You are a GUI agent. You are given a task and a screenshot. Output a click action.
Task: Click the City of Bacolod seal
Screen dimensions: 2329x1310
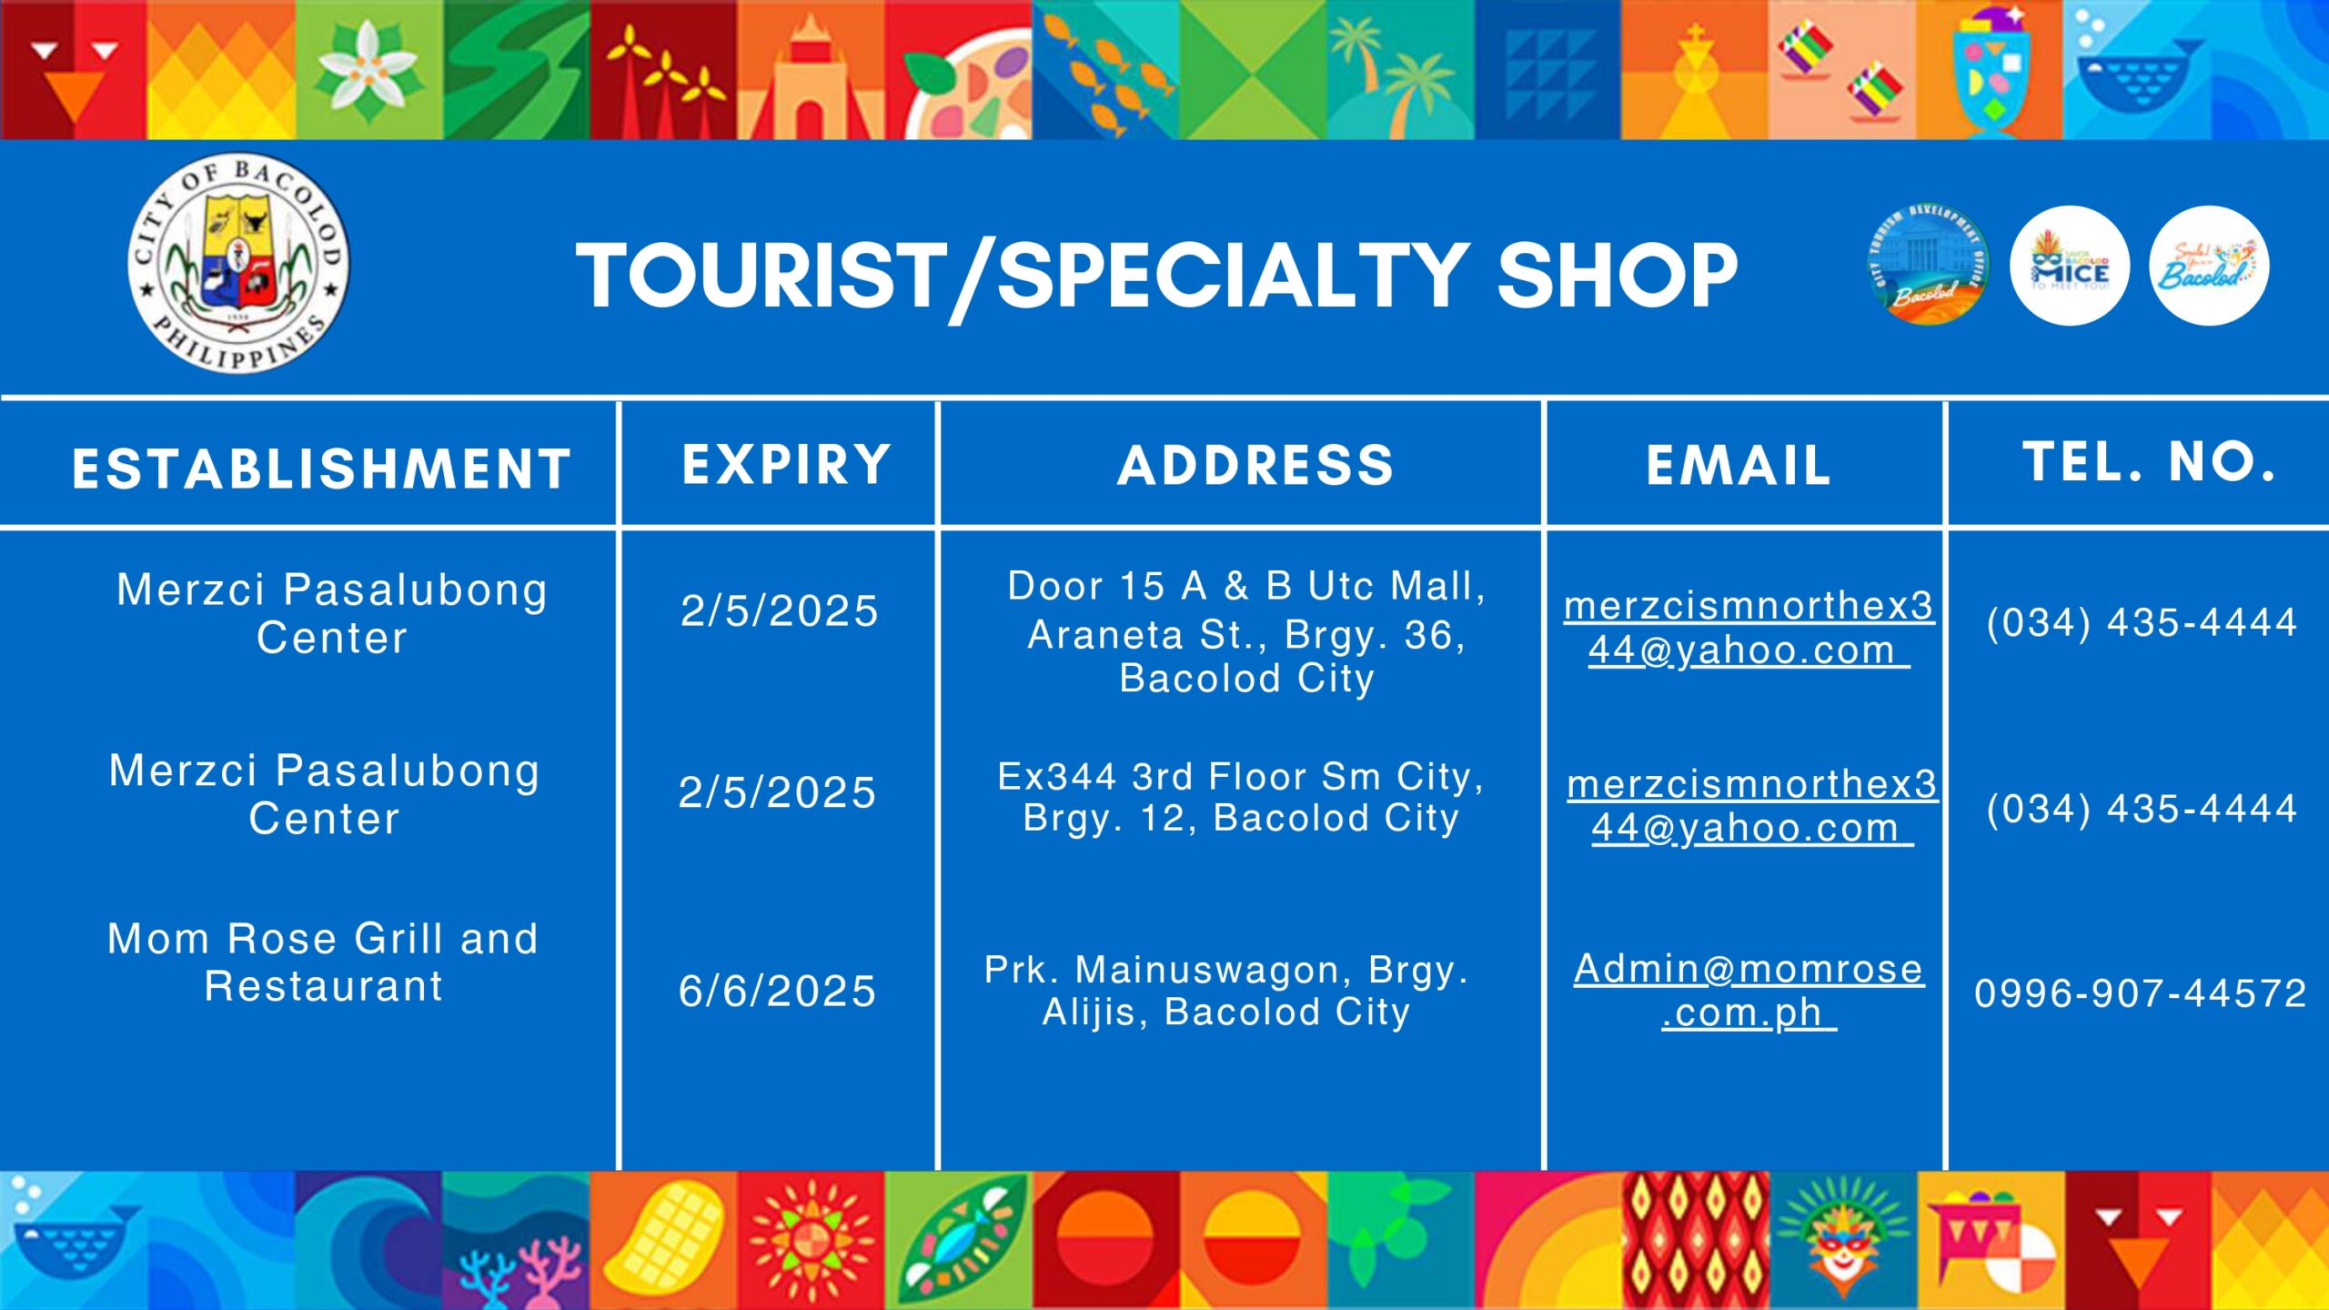tap(238, 262)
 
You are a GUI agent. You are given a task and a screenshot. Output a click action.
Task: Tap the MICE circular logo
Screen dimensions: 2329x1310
tap(2070, 266)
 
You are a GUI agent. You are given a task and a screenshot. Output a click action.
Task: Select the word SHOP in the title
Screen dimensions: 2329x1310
tap(1617, 276)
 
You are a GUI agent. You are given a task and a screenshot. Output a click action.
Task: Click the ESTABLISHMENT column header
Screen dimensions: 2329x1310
tap(321, 469)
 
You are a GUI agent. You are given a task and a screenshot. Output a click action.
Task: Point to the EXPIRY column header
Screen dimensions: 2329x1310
tap(786, 464)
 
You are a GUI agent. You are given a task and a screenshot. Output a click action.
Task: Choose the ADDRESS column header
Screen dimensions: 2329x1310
tap(1255, 465)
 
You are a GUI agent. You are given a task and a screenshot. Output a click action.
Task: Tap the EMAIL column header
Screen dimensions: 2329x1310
tap(1739, 466)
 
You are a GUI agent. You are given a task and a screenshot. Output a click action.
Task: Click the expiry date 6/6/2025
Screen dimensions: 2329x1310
tap(777, 991)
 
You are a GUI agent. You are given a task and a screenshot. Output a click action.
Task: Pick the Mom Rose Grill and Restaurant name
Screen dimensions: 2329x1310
tap(323, 962)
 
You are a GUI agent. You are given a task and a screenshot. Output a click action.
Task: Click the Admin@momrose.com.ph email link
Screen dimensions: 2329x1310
tap(1749, 991)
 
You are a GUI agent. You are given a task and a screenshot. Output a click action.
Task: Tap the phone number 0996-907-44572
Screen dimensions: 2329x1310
tap(2141, 993)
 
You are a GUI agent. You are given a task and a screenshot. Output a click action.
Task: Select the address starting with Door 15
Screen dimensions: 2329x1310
tap(1246, 632)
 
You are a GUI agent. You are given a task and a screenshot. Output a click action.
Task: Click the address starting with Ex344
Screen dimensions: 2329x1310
tap(1241, 797)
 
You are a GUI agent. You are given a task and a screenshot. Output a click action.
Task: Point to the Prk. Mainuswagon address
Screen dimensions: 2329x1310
tap(1226, 991)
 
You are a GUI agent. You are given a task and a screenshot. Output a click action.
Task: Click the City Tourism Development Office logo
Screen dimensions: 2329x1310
tap(1928, 265)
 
